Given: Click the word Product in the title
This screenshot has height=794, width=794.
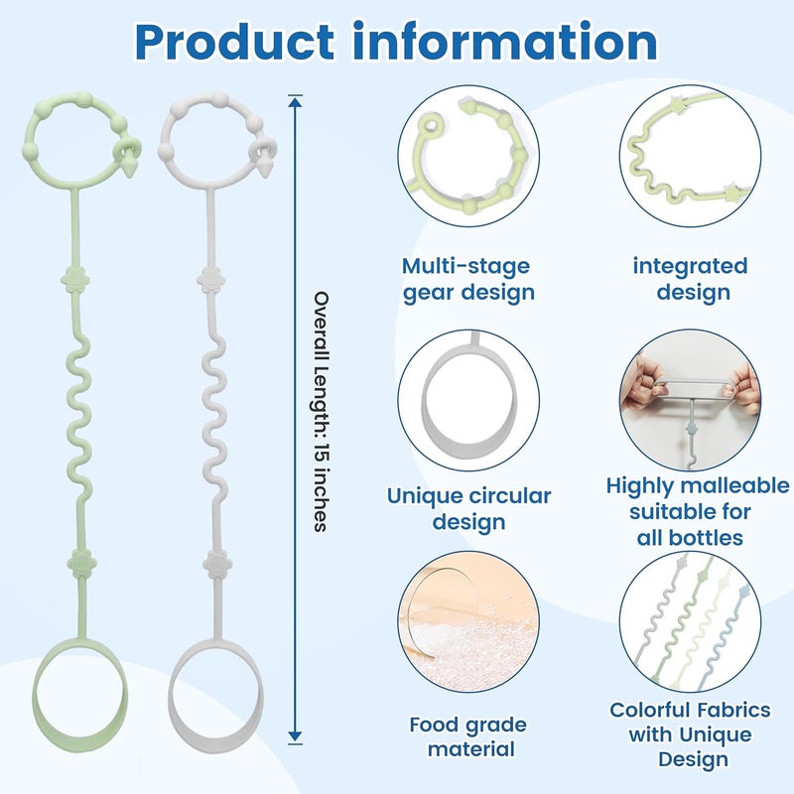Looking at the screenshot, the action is pos(234,43).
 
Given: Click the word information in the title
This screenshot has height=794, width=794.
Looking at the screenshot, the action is pos(505,41).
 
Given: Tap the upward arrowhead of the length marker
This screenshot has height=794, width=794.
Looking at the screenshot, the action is pos(295,102).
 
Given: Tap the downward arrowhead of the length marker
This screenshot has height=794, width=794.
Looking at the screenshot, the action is pos(295,736).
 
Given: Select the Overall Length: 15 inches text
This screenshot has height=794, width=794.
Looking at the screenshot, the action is pos(321,411).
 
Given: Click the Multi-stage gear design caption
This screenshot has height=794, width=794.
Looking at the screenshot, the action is pos(467,280).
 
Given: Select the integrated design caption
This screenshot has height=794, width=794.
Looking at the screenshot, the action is pos(690,280).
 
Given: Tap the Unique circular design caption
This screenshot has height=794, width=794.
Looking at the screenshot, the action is pos(468,508).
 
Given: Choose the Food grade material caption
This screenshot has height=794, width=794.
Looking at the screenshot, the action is pos(468,736).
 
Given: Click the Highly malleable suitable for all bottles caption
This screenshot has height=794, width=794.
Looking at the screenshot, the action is pos(698,511).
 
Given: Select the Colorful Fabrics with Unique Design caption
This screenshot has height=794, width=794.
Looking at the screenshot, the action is pos(690,734).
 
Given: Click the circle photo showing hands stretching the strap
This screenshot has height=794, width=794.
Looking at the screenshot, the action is pos(690,400).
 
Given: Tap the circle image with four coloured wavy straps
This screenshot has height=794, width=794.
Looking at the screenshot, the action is pos(690,622).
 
